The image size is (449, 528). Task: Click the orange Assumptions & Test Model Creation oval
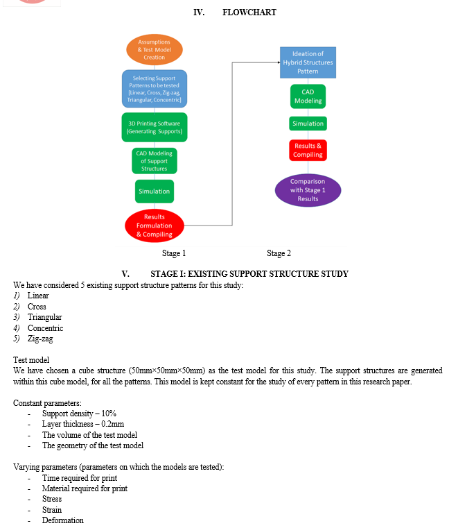click(155, 49)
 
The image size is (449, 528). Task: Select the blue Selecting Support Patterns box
click(155, 89)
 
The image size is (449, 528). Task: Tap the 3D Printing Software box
click(155, 127)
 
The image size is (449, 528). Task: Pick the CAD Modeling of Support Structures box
click(155, 161)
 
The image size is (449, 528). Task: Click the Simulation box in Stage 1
click(155, 191)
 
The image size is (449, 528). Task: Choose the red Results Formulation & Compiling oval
click(155, 225)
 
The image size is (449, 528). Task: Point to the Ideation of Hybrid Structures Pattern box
click(308, 62)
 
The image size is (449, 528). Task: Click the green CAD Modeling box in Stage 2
click(308, 96)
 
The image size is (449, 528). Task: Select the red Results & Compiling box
click(308, 150)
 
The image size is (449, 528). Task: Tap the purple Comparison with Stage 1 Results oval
click(308, 190)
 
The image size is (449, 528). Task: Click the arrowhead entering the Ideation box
click(279, 62)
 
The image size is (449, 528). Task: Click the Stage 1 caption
click(174, 253)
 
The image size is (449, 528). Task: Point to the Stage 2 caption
click(279, 253)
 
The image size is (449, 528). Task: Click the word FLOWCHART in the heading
click(249, 12)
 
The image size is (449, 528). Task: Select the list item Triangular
click(45, 317)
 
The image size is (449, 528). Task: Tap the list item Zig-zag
click(40, 339)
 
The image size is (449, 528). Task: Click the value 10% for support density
click(109, 414)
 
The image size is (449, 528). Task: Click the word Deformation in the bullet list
click(63, 520)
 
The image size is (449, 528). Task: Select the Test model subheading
click(31, 360)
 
